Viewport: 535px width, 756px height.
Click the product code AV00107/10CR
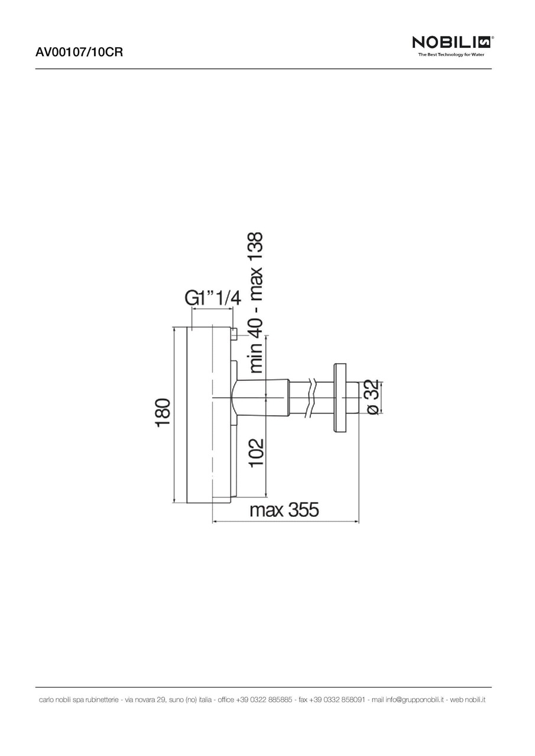79,52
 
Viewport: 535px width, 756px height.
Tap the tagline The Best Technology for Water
451,55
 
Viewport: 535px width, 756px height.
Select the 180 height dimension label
163,412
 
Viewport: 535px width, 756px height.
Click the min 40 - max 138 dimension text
256,302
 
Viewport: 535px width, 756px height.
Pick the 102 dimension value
256,452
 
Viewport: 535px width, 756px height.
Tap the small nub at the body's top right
234,334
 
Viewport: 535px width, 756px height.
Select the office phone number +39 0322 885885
264,700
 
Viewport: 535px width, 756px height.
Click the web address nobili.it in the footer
475,700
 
